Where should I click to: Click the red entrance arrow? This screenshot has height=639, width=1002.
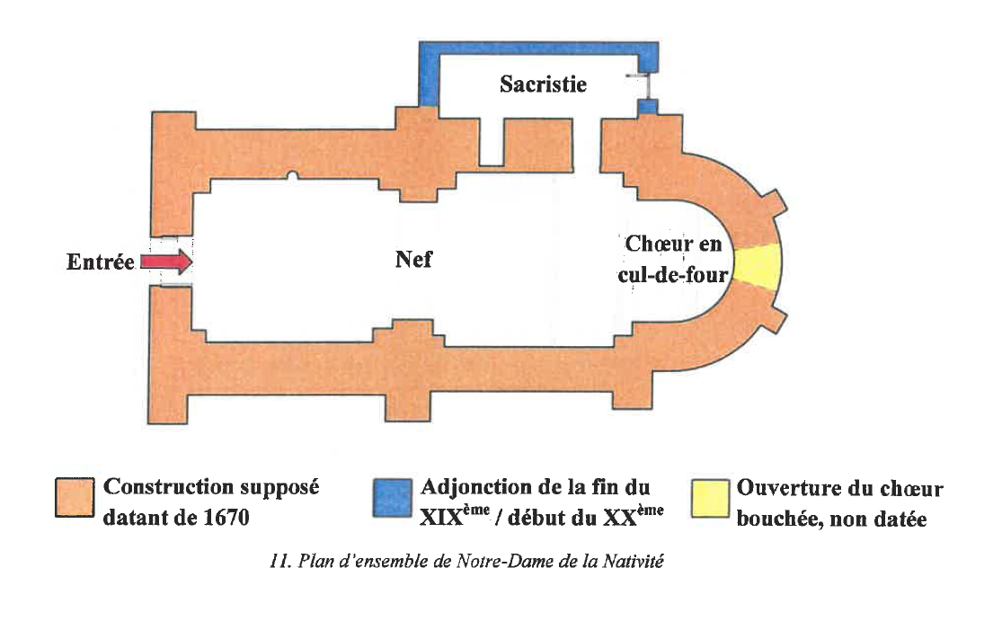tap(167, 262)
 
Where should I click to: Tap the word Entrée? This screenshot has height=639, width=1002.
tap(100, 262)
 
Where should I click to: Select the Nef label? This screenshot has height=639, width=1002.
tap(413, 260)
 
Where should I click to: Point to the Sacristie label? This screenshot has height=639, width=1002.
tap(543, 84)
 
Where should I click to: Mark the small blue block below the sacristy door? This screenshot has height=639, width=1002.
tap(648, 106)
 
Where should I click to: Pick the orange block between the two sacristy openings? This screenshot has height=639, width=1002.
tap(537, 144)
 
